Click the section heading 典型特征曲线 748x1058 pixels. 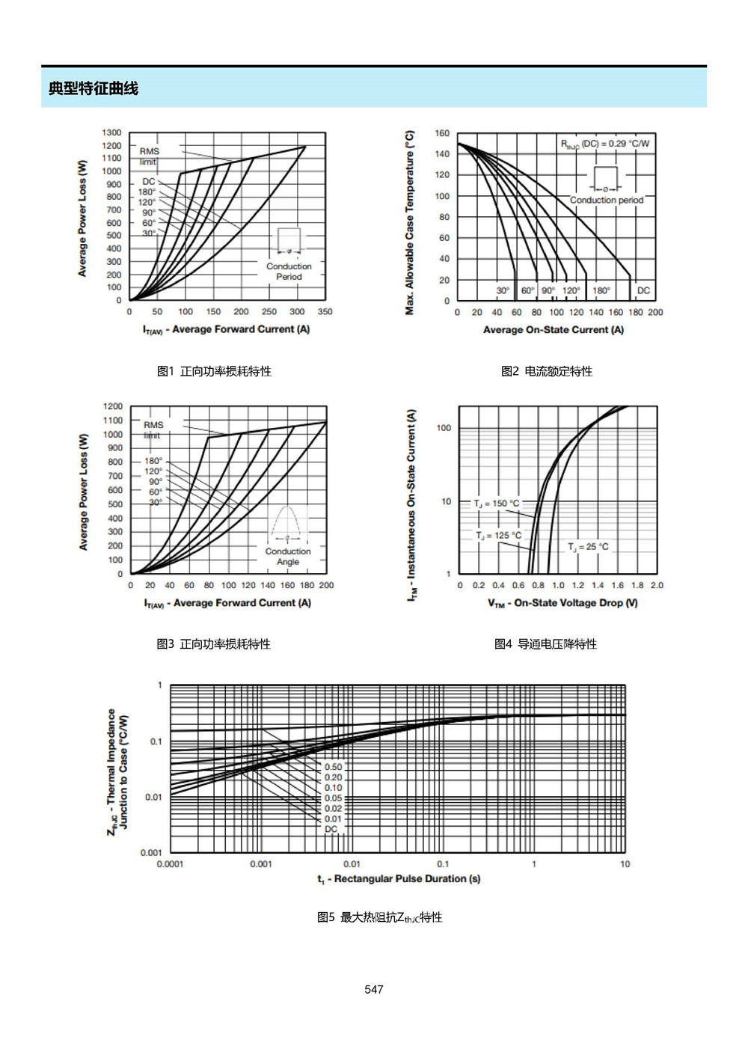(x=93, y=88)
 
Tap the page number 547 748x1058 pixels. (x=373, y=988)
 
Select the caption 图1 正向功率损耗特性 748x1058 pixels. (x=214, y=371)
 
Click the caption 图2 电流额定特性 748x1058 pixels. (x=546, y=371)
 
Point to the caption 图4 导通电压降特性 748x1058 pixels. (x=545, y=643)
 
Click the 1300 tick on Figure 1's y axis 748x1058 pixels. (x=111, y=132)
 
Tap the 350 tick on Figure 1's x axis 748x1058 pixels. (x=325, y=312)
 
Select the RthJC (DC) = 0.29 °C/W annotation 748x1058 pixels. (x=605, y=144)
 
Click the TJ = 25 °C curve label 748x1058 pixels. (x=588, y=547)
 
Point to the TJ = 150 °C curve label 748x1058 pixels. (x=497, y=504)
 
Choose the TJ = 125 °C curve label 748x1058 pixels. (x=499, y=535)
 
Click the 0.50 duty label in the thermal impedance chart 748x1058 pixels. (x=333, y=767)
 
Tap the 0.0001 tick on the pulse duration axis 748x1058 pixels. (x=170, y=864)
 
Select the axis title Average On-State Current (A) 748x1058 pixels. (x=553, y=330)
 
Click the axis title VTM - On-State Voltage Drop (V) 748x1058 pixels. (x=562, y=603)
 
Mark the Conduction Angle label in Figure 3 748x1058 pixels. (x=288, y=557)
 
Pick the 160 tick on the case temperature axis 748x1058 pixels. (x=443, y=134)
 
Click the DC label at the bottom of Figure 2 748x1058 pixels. (x=643, y=290)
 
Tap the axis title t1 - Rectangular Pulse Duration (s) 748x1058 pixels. (x=399, y=879)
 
